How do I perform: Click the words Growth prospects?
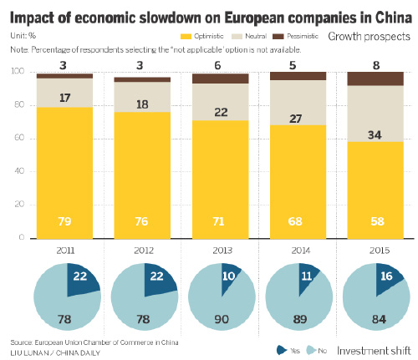click(369, 37)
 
